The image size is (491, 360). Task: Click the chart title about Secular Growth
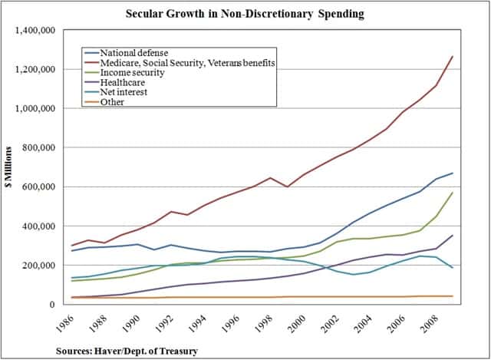click(x=245, y=14)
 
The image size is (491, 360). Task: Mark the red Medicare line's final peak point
click(x=452, y=56)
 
